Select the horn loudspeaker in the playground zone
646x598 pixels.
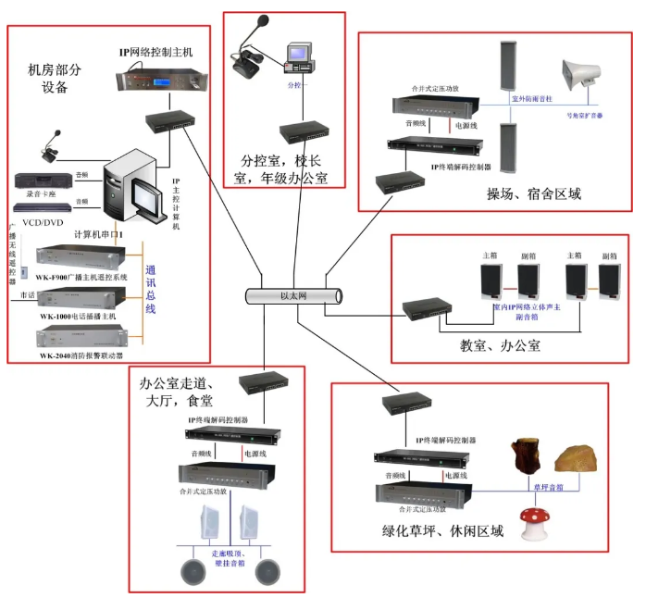[x=581, y=80]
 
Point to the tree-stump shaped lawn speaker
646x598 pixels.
[x=523, y=459]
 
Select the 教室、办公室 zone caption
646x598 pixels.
[x=500, y=346]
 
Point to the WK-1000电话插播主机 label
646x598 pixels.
[x=78, y=317]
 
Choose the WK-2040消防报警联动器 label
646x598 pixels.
[x=81, y=355]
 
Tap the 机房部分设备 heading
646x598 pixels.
[x=56, y=79]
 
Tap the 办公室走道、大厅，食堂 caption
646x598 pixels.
[x=177, y=392]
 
